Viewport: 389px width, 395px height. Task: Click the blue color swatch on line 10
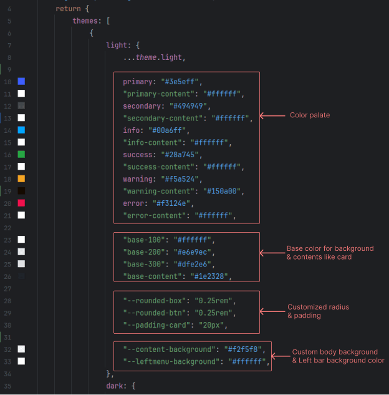tap(21, 82)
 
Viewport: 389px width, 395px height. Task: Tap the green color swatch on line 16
tap(21, 154)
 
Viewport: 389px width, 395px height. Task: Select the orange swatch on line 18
tap(21, 178)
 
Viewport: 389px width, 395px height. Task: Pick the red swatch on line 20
tap(21, 203)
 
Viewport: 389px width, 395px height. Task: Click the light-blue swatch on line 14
tap(21, 130)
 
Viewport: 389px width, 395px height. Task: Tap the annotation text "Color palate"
tap(310, 115)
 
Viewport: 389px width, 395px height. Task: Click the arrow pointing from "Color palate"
tap(271, 115)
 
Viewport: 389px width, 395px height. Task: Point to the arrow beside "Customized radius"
tap(271, 311)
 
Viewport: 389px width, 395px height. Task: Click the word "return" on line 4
tap(67, 9)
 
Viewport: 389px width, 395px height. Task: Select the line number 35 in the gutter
tap(7, 386)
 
